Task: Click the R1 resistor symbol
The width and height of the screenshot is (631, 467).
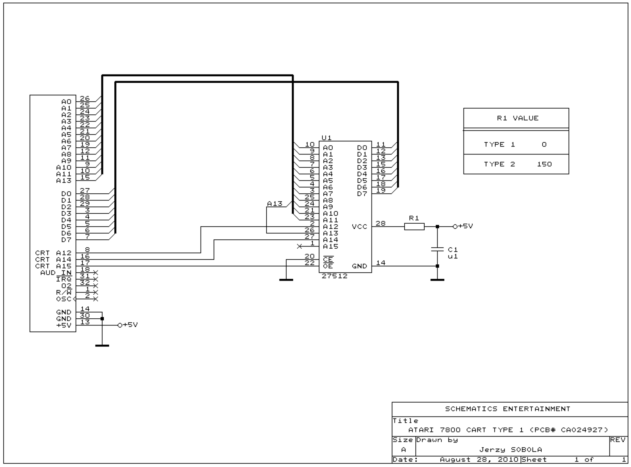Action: coord(414,227)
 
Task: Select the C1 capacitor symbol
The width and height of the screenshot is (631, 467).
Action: coord(437,249)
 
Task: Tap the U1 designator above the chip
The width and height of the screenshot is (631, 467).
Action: coord(327,138)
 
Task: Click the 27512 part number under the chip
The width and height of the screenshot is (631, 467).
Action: coord(334,276)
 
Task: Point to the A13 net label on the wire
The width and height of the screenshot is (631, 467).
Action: coord(274,204)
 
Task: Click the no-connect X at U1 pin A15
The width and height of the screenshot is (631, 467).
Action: coord(299,247)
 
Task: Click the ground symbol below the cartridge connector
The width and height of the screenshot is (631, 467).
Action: coord(102,345)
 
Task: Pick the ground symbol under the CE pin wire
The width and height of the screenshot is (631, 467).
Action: coord(286,280)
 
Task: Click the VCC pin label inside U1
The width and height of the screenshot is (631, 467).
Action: coord(359,227)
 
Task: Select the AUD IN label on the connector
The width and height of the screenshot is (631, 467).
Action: coord(56,273)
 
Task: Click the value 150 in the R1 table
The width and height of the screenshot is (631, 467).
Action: coord(544,164)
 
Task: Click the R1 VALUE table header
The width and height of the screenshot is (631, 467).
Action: coord(518,118)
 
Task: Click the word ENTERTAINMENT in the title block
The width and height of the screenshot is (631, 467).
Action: coord(536,409)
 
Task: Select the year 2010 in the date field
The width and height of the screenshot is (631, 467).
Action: coord(508,459)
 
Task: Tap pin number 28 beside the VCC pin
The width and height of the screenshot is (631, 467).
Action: coord(380,223)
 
